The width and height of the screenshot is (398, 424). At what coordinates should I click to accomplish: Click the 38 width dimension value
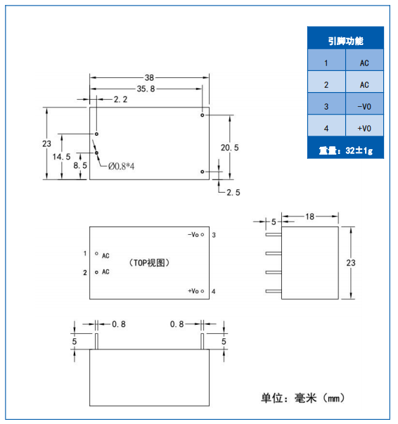149,78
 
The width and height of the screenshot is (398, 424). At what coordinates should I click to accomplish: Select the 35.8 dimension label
146,89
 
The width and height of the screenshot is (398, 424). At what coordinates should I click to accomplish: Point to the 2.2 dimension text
120,100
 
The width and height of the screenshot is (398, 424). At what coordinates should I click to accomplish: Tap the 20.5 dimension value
229,148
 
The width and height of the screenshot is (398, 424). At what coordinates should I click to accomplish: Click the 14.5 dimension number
61,157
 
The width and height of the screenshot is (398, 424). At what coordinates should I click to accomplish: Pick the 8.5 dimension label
80,165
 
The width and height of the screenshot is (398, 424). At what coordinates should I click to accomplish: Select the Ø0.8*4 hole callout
121,166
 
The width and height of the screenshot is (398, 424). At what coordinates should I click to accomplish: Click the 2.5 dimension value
233,193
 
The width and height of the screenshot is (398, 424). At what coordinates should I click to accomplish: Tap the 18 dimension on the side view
310,217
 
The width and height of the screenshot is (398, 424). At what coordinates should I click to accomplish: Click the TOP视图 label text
149,262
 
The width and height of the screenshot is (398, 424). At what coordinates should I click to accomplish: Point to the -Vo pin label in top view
193,235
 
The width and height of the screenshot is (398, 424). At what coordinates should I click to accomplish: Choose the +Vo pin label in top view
193,291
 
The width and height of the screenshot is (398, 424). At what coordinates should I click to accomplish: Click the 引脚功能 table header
345,41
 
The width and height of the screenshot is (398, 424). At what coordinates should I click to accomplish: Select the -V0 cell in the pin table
364,107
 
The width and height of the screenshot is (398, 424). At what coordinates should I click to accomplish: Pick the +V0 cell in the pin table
364,128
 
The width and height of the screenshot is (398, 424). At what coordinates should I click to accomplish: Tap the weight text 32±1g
359,150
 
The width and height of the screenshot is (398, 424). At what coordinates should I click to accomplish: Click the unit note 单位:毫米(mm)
302,398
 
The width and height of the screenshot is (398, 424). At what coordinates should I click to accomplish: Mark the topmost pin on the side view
274,235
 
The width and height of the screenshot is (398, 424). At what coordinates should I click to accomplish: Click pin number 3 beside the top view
214,235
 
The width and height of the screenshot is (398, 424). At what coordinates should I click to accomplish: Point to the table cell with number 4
326,128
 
